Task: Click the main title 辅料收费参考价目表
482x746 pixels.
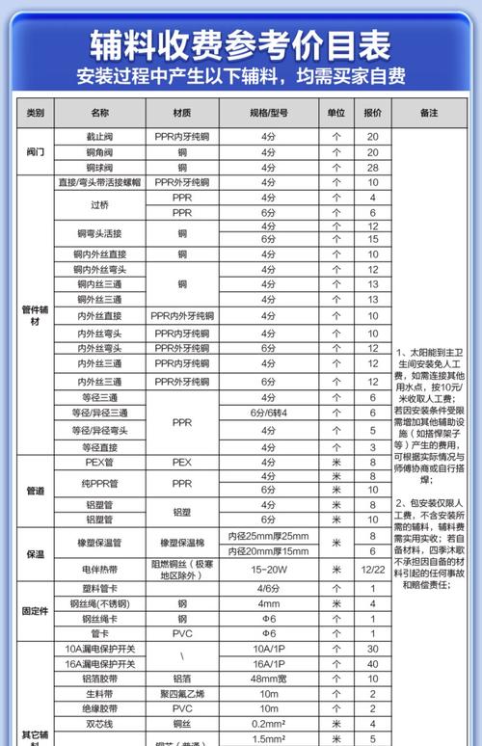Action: point(240,43)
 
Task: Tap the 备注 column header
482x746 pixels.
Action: point(429,113)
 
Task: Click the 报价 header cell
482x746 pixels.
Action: point(372,113)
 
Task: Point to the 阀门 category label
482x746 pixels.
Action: point(36,151)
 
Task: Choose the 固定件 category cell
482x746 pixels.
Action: point(36,612)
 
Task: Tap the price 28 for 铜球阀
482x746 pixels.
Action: point(372,167)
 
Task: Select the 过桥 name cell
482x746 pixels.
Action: point(99,204)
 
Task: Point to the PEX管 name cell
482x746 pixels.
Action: point(99,462)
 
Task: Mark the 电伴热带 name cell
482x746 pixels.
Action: point(99,570)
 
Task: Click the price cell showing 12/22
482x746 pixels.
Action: point(372,570)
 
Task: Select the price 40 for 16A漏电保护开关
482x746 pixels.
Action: point(372,664)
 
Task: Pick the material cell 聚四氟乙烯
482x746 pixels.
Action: point(182,693)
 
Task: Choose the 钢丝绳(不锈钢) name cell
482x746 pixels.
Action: point(99,603)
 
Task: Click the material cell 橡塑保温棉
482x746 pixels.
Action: point(182,543)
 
